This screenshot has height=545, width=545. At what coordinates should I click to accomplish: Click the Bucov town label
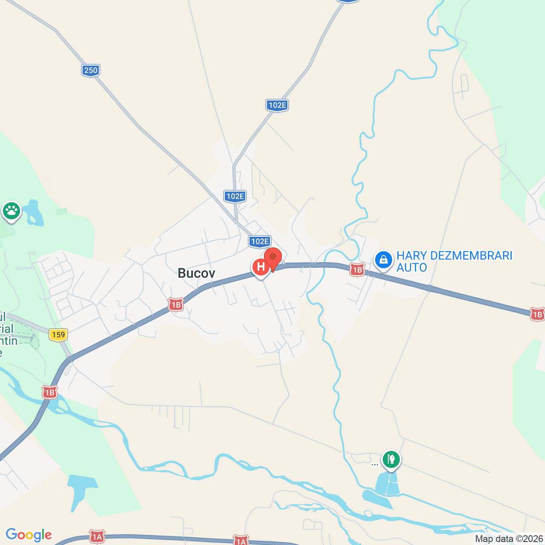[196, 273]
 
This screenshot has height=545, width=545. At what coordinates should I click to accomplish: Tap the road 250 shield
[91, 70]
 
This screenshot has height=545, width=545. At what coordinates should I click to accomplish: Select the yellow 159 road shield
[58, 335]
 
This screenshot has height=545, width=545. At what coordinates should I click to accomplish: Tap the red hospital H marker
[260, 267]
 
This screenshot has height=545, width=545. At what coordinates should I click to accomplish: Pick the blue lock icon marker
[383, 259]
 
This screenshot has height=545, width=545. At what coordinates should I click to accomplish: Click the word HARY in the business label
[411, 255]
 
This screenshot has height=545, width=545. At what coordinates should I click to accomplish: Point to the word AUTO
[411, 267]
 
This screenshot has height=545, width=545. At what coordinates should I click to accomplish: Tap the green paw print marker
[11, 210]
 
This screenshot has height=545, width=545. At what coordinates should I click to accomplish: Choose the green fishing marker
[391, 459]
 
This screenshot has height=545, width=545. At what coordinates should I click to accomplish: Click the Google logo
[29, 535]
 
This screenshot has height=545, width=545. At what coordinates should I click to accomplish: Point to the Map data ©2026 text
[509, 539]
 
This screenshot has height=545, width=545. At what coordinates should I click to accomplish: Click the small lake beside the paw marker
[32, 213]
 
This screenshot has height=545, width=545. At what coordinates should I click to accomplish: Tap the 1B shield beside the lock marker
[357, 270]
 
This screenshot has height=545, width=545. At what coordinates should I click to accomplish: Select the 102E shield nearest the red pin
[260, 241]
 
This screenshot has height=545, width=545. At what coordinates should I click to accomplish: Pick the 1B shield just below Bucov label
[175, 304]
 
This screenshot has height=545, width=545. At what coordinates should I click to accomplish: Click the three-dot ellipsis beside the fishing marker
[374, 465]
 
